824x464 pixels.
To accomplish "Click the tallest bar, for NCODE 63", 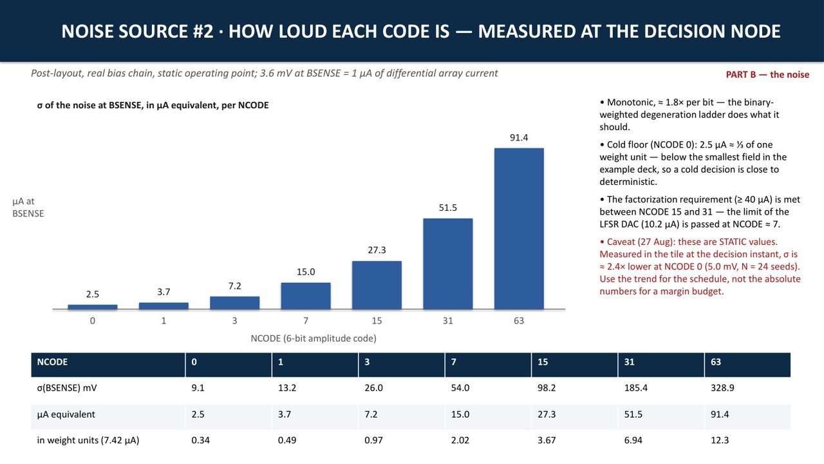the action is pos(519,229).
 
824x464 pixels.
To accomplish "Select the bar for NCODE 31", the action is pos(447,264).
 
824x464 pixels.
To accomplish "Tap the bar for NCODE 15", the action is pos(377,285).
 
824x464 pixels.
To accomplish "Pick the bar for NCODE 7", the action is pos(306,296).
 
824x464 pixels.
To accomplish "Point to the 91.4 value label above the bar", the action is pos(519,138).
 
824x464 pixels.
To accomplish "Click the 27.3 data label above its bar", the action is pos(377,251).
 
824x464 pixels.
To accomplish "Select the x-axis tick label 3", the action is pos(235,321).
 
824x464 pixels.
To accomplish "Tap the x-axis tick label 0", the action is pos(92,321).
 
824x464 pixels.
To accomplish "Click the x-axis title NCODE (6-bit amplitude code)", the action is pos(314,338).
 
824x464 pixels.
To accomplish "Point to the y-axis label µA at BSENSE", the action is pos(28,208).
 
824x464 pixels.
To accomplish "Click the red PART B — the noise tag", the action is pos(767,75).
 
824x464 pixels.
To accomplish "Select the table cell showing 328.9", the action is pos(722,388).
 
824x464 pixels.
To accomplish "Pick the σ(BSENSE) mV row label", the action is pos(66,388).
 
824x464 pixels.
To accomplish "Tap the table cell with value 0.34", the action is pos(200,440).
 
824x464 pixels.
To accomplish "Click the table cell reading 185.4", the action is pos(635,388).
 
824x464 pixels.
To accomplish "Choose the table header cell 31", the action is pos(629,362).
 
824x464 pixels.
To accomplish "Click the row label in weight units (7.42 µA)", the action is pos(88,440).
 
